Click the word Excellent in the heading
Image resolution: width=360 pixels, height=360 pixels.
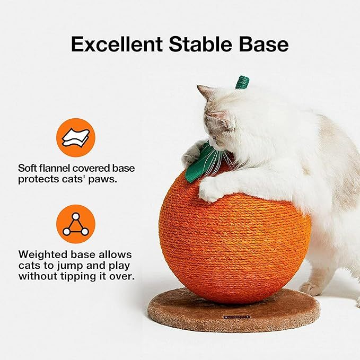click(x=117, y=44)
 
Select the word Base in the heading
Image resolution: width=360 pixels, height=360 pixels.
click(x=264, y=44)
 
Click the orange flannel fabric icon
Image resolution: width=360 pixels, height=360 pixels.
click(x=76, y=138)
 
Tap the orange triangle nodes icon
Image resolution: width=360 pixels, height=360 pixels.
click(x=76, y=224)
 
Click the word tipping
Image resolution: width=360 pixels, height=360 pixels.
click(x=79, y=276)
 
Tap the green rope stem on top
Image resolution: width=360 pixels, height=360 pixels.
click(x=242, y=83)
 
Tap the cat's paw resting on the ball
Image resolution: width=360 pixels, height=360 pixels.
click(x=211, y=189)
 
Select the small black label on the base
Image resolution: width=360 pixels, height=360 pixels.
click(x=237, y=317)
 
